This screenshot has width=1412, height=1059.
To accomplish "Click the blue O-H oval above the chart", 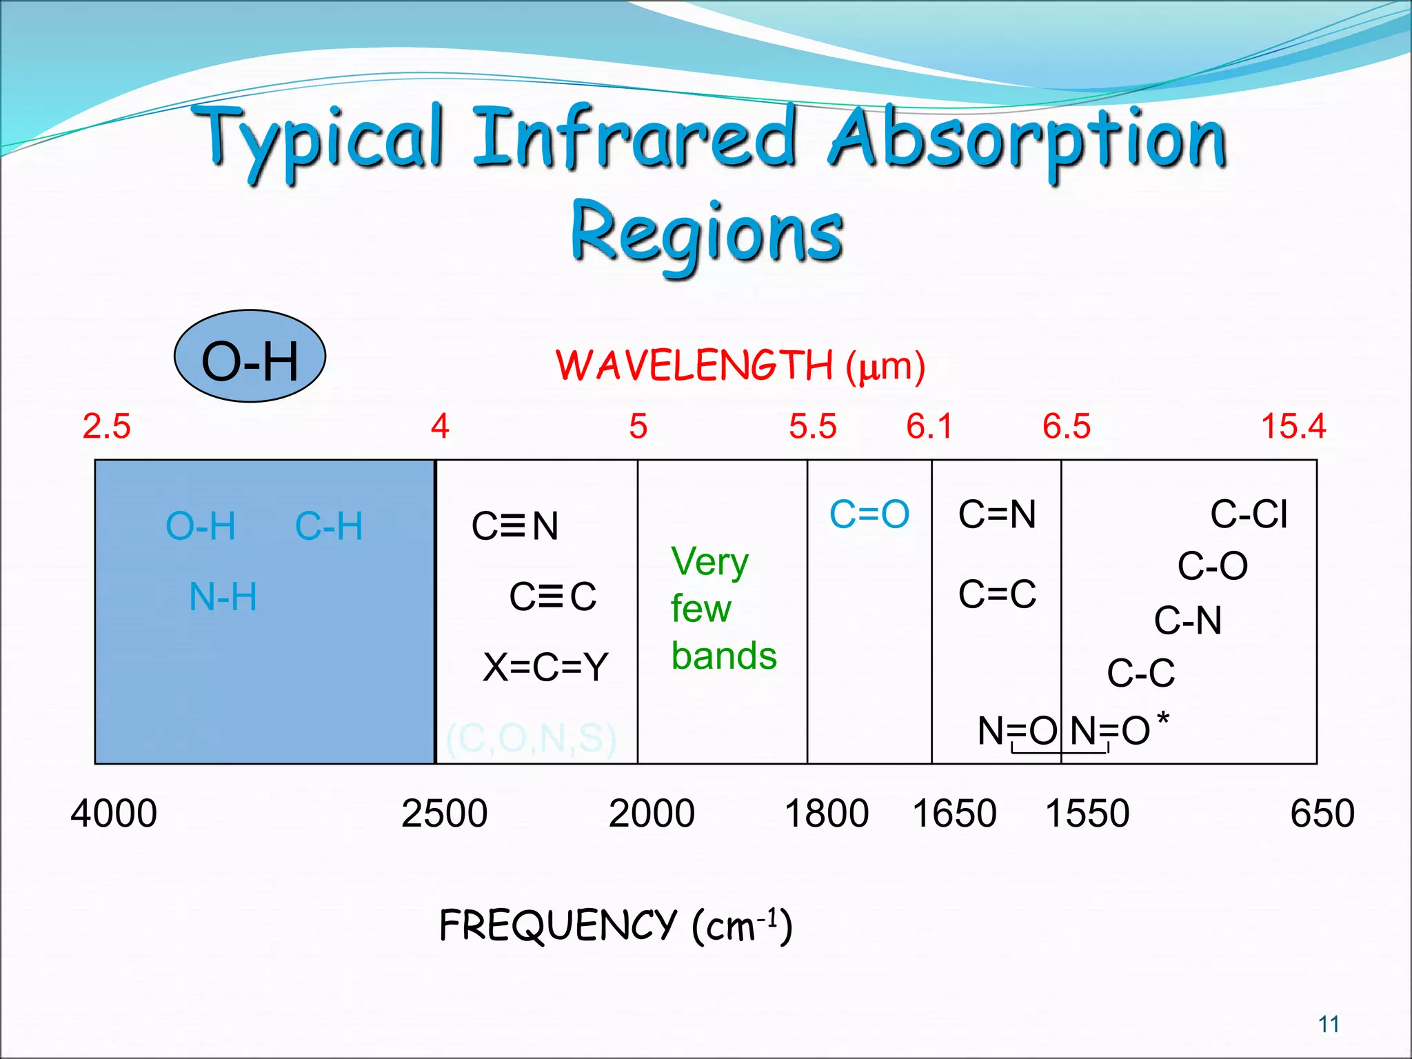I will point(250,356).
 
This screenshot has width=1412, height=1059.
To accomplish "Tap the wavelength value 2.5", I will point(106,426).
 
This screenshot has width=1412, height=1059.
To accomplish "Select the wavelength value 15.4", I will point(1293,426).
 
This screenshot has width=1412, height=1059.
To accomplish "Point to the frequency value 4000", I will point(114,814).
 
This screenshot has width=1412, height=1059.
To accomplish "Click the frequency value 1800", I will point(826,814).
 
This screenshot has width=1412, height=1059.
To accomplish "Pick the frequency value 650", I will point(1322,814).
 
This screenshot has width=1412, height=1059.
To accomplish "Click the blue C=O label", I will point(869,514).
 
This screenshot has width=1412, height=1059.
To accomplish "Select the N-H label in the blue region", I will point(223,597).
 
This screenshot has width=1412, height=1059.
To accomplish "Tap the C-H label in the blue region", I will point(329,527).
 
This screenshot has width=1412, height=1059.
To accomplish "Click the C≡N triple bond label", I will point(515,527).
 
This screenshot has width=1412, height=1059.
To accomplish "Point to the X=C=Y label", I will point(545,667).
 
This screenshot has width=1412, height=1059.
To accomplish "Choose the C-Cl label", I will point(1249,514).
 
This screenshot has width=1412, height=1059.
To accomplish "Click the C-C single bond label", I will point(1140,673).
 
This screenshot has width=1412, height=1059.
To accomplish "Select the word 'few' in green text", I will point(700,609).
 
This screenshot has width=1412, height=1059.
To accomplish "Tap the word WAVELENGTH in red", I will point(694,365).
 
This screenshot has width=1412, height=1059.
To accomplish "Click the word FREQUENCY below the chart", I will point(558,925).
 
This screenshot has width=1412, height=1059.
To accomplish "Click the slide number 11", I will point(1329,1025).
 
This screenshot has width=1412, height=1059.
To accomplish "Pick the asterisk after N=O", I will point(1163,718).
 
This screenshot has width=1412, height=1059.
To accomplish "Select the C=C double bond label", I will point(997,594).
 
